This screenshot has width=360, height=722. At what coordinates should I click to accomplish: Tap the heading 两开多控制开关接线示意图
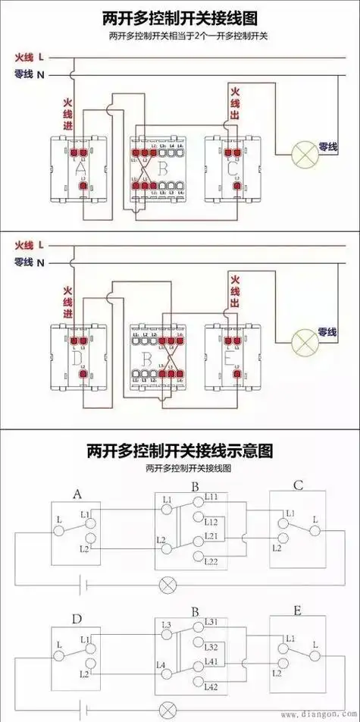180,452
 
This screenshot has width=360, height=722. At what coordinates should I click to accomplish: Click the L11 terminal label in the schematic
211,497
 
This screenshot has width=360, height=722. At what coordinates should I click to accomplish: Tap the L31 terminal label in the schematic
211,622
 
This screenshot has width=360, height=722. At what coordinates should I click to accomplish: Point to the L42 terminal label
211,687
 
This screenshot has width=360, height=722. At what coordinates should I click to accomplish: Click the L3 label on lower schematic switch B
166,624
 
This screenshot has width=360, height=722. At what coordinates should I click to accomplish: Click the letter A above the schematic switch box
77,494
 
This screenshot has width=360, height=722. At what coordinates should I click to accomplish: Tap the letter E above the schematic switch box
297,611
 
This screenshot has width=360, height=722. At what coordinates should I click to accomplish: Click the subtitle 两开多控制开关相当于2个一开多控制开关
180,36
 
